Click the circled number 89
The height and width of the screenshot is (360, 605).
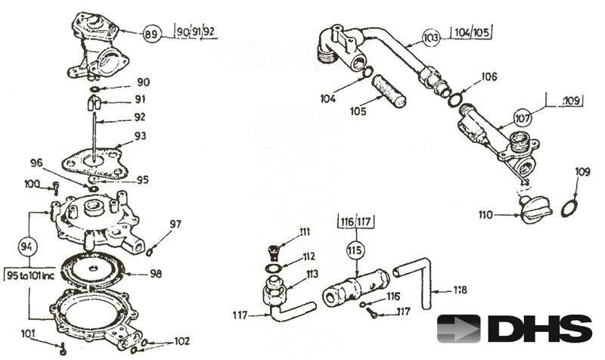152,33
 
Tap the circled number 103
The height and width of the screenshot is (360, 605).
431,37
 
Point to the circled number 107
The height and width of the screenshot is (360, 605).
523,117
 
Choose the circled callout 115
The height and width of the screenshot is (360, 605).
355,250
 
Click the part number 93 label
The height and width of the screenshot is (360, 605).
140,136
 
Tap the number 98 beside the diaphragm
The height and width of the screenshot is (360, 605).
156,274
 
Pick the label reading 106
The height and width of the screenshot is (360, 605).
489,77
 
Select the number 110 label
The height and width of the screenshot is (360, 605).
486,214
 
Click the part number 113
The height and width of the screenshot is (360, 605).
312,274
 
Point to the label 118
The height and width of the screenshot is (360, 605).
460,290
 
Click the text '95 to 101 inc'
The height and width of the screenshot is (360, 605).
31,275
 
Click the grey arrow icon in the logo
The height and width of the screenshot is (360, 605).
458,329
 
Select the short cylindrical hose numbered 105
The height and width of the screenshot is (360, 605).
388,91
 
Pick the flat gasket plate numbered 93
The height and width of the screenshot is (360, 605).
95,163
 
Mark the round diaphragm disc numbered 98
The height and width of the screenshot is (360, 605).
92,270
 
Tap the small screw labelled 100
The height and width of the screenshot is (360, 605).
55,188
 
